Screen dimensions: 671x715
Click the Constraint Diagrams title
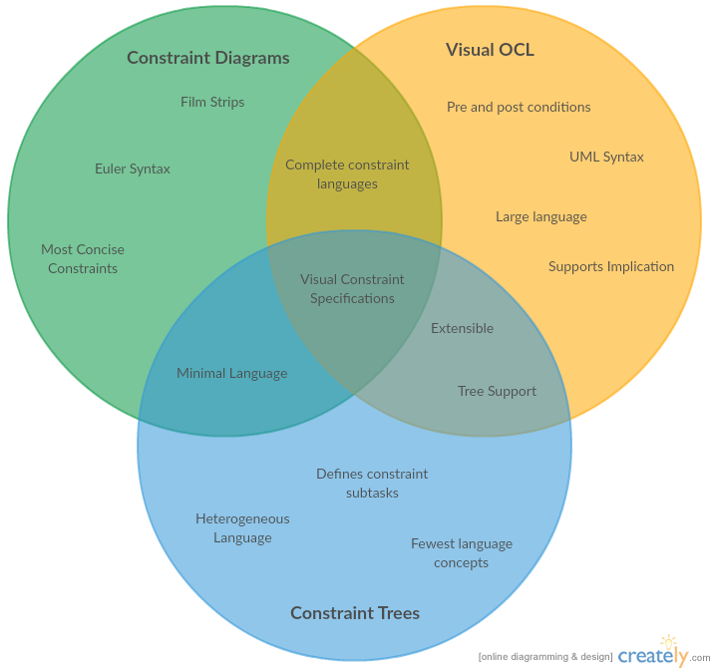207,58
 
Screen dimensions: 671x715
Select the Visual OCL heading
490,50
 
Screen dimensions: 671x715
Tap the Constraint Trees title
354,613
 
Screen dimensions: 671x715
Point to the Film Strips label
212,102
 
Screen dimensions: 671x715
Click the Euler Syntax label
133,168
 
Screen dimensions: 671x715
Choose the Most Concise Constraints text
83,259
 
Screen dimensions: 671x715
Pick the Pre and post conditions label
519,107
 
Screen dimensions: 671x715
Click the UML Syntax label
606,157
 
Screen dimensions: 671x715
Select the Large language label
541,216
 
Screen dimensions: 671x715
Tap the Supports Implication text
611,266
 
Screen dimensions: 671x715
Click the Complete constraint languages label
347,174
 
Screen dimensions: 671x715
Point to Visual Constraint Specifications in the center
352,289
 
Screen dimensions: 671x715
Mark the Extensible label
462,328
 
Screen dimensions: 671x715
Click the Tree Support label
497,391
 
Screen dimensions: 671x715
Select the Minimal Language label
231,373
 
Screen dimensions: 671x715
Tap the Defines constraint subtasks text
372,484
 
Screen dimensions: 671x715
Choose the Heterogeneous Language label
242,528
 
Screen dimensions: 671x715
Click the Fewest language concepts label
462,553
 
